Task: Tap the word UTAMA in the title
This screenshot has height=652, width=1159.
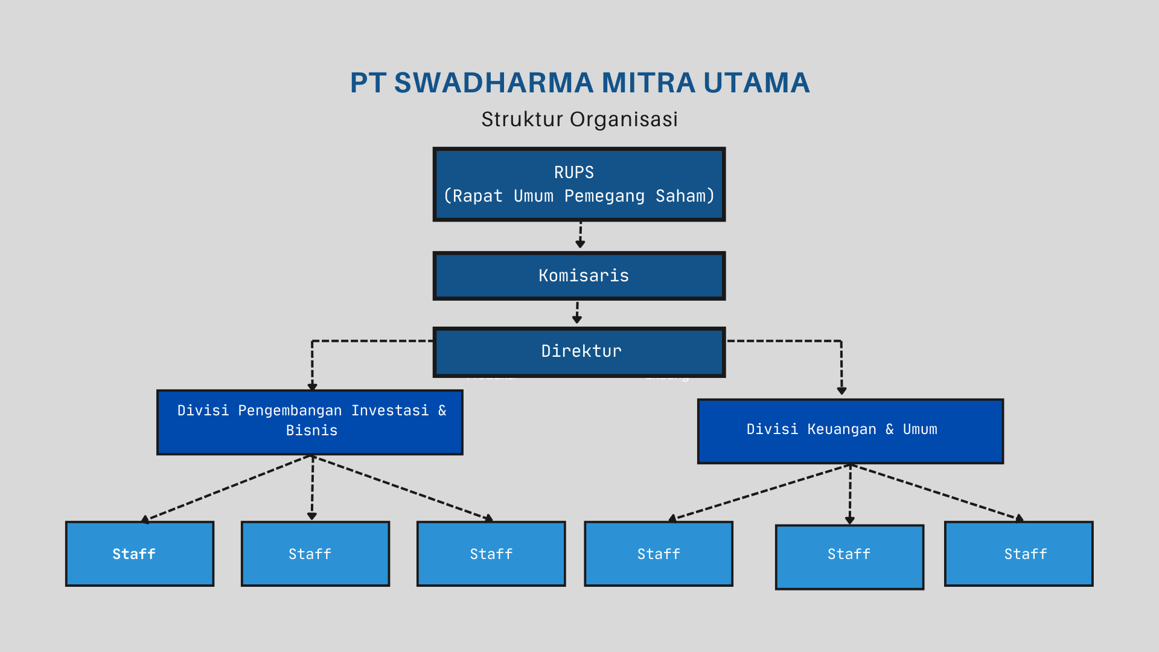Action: pyautogui.click(x=756, y=83)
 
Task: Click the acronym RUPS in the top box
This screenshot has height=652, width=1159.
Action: pyautogui.click(x=574, y=173)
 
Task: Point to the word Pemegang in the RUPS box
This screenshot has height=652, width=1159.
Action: pyautogui.click(x=604, y=196)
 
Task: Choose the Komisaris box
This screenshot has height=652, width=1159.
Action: pyautogui.click(x=579, y=276)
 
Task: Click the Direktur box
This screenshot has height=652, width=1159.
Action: pyautogui.click(x=579, y=352)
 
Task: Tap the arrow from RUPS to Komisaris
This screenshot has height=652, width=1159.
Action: pyautogui.click(x=580, y=235)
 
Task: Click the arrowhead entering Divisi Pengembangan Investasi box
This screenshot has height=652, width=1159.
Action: pyautogui.click(x=312, y=386)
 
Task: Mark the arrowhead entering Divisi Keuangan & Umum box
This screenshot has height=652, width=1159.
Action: pyautogui.click(x=841, y=391)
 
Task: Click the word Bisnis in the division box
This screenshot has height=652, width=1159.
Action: pyautogui.click(x=311, y=430)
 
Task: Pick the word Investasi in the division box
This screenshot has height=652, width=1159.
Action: pyautogui.click(x=390, y=411)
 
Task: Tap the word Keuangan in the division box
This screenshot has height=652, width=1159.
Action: pyautogui.click(x=841, y=429)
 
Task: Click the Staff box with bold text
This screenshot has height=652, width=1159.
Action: pyautogui.click(x=139, y=554)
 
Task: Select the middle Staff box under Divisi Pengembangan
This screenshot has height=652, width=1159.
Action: pyautogui.click(x=315, y=554)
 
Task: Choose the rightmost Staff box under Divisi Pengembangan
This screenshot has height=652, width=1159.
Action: pyautogui.click(x=491, y=554)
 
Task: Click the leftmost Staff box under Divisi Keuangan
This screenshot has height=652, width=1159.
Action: pyautogui.click(x=659, y=554)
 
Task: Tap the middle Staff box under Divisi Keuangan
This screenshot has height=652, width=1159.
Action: pyautogui.click(x=849, y=557)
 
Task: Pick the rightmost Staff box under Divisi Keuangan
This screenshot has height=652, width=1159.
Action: pyautogui.click(x=1018, y=554)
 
